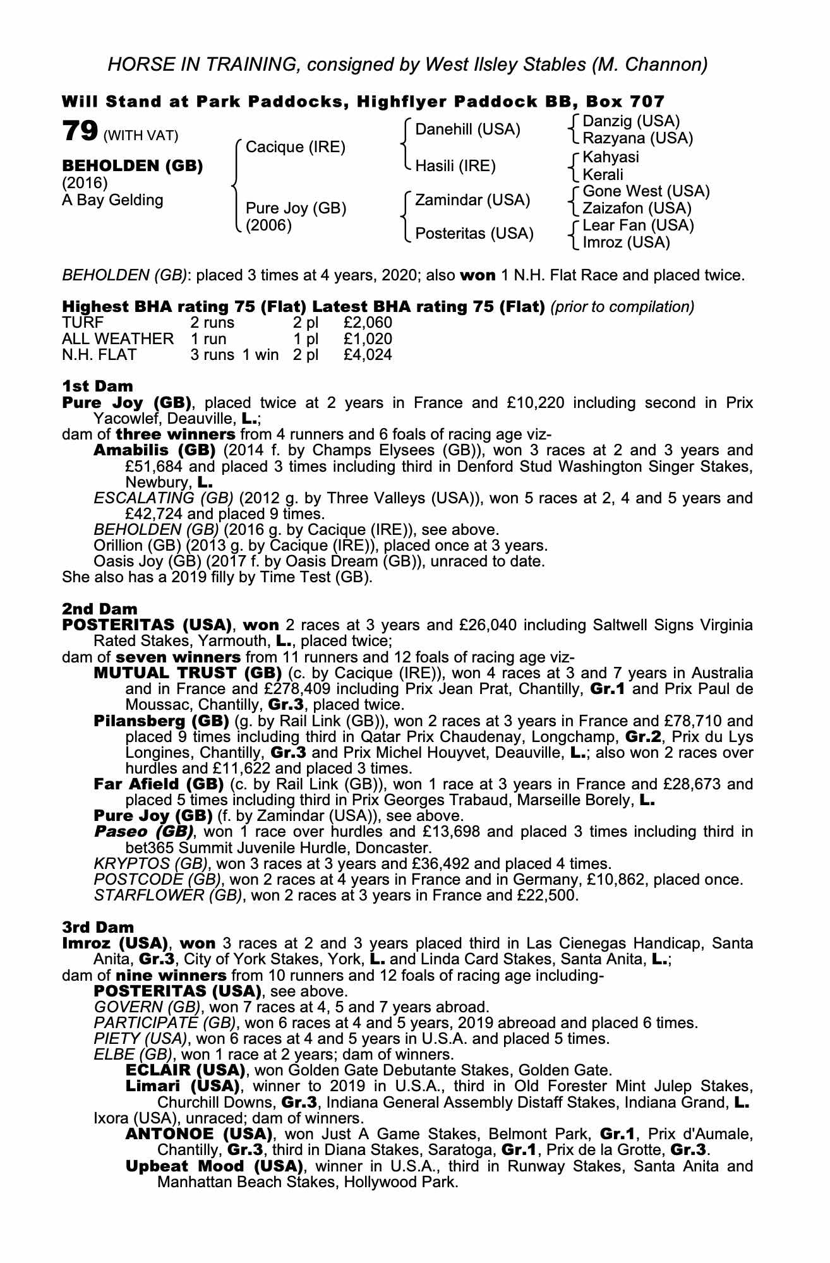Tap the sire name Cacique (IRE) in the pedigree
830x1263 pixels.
pos(296,147)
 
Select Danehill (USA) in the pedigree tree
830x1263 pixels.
pos(467,129)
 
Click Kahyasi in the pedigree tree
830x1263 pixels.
pos(611,157)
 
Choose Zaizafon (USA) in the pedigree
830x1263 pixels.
pos(637,208)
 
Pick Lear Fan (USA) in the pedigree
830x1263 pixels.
pos(638,225)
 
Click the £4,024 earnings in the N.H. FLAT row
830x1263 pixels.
pos(368,355)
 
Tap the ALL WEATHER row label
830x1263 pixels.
pos(117,339)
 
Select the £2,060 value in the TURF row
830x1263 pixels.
pos(368,323)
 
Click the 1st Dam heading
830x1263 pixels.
pos(98,386)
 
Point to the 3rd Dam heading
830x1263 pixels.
pos(99,927)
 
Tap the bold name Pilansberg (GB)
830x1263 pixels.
pos(161,721)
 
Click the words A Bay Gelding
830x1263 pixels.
pos(112,200)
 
